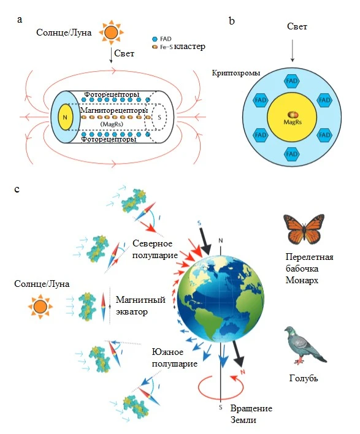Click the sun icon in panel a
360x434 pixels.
point(112,32)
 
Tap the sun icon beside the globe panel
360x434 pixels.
point(40,306)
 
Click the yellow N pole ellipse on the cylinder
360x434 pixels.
point(65,117)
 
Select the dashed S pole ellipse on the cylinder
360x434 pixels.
point(159,117)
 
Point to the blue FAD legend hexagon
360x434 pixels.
point(155,39)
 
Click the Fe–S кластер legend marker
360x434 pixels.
point(155,47)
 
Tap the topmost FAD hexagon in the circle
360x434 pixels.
point(292,81)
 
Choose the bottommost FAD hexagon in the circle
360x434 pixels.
point(292,154)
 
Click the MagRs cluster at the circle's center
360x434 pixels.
point(293,114)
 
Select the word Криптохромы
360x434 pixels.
point(236,74)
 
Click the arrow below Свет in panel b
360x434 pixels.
point(292,50)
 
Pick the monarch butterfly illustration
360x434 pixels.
point(304,229)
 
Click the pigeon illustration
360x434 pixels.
point(305,345)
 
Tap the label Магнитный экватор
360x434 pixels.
point(140,305)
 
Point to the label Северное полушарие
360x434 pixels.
point(155,249)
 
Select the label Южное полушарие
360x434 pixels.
point(174,357)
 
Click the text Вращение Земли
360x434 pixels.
point(251,414)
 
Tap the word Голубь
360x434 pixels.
point(304,378)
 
